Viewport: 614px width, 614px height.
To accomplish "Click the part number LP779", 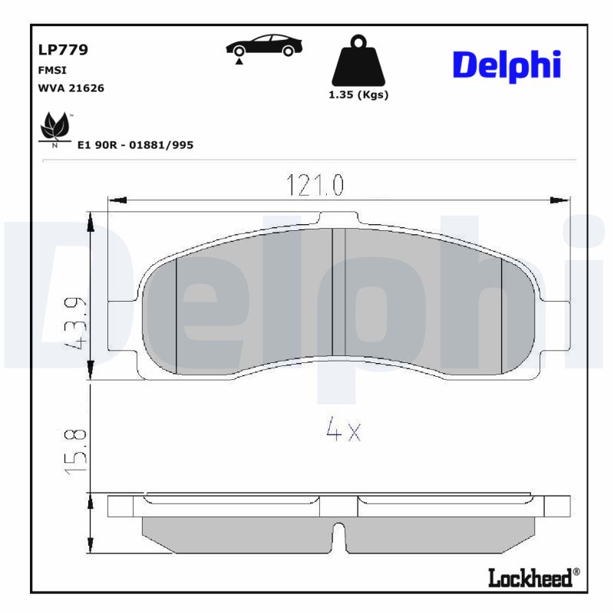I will tap(63, 51).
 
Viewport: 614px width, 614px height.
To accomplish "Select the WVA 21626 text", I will tap(71, 88).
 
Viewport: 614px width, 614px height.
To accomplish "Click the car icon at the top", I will tap(263, 47).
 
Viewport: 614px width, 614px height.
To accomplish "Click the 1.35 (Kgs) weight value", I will tap(358, 95).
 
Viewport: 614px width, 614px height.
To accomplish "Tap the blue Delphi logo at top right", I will tap(507, 66).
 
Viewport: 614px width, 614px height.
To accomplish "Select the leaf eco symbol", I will tap(54, 127).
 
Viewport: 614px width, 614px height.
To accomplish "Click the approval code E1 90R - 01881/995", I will tap(135, 144).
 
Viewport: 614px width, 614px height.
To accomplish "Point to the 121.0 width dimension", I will tap(315, 185).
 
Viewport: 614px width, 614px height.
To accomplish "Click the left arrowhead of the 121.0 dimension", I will tap(116, 200).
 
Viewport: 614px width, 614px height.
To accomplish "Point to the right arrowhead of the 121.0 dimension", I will tap(561, 200).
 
